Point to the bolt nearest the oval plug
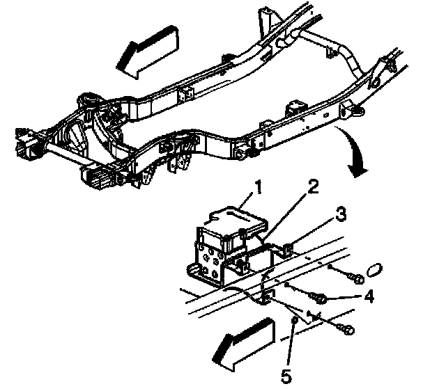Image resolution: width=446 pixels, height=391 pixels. [x=356, y=279]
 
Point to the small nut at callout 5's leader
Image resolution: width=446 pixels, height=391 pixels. [x=295, y=321]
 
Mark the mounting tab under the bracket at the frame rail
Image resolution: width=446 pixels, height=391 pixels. [x=265, y=298]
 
